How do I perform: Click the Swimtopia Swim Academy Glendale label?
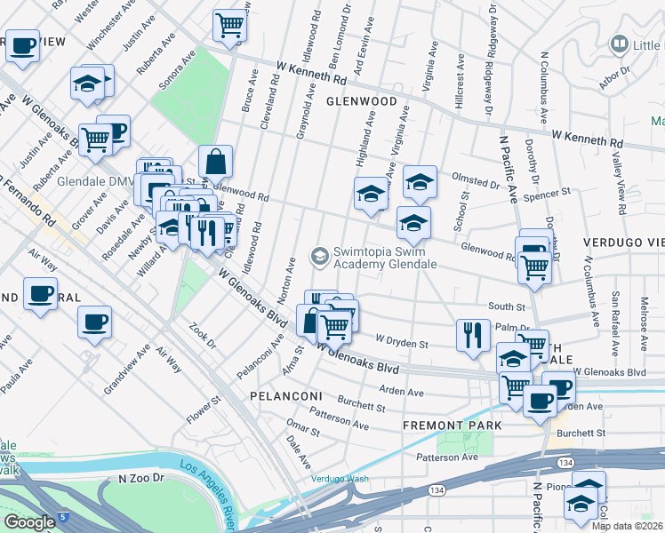pyautogui.click(x=384, y=258)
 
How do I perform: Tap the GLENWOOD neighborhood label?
pyautogui.click(x=361, y=101)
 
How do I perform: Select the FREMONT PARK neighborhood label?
pyautogui.click(x=452, y=426)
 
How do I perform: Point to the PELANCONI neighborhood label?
pyautogui.click(x=284, y=394)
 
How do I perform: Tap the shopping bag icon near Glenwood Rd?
pyautogui.click(x=215, y=163)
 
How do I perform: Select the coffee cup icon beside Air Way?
pyautogui.click(x=94, y=323)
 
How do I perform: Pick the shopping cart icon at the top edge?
pyautogui.click(x=229, y=25)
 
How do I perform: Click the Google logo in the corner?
pyautogui.click(x=29, y=521)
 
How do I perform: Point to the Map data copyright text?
pyautogui.click(x=626, y=526)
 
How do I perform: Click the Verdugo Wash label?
pyautogui.click(x=340, y=479)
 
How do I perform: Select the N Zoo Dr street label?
pyautogui.click(x=143, y=478)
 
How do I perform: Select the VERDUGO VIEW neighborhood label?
pyautogui.click(x=623, y=242)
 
